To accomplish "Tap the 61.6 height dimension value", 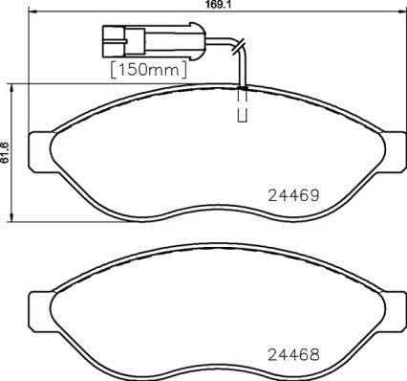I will click(x=6, y=153).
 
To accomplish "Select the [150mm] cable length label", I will click(x=149, y=71).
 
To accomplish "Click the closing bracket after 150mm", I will click(x=182, y=71).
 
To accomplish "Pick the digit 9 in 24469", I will click(x=311, y=194).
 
